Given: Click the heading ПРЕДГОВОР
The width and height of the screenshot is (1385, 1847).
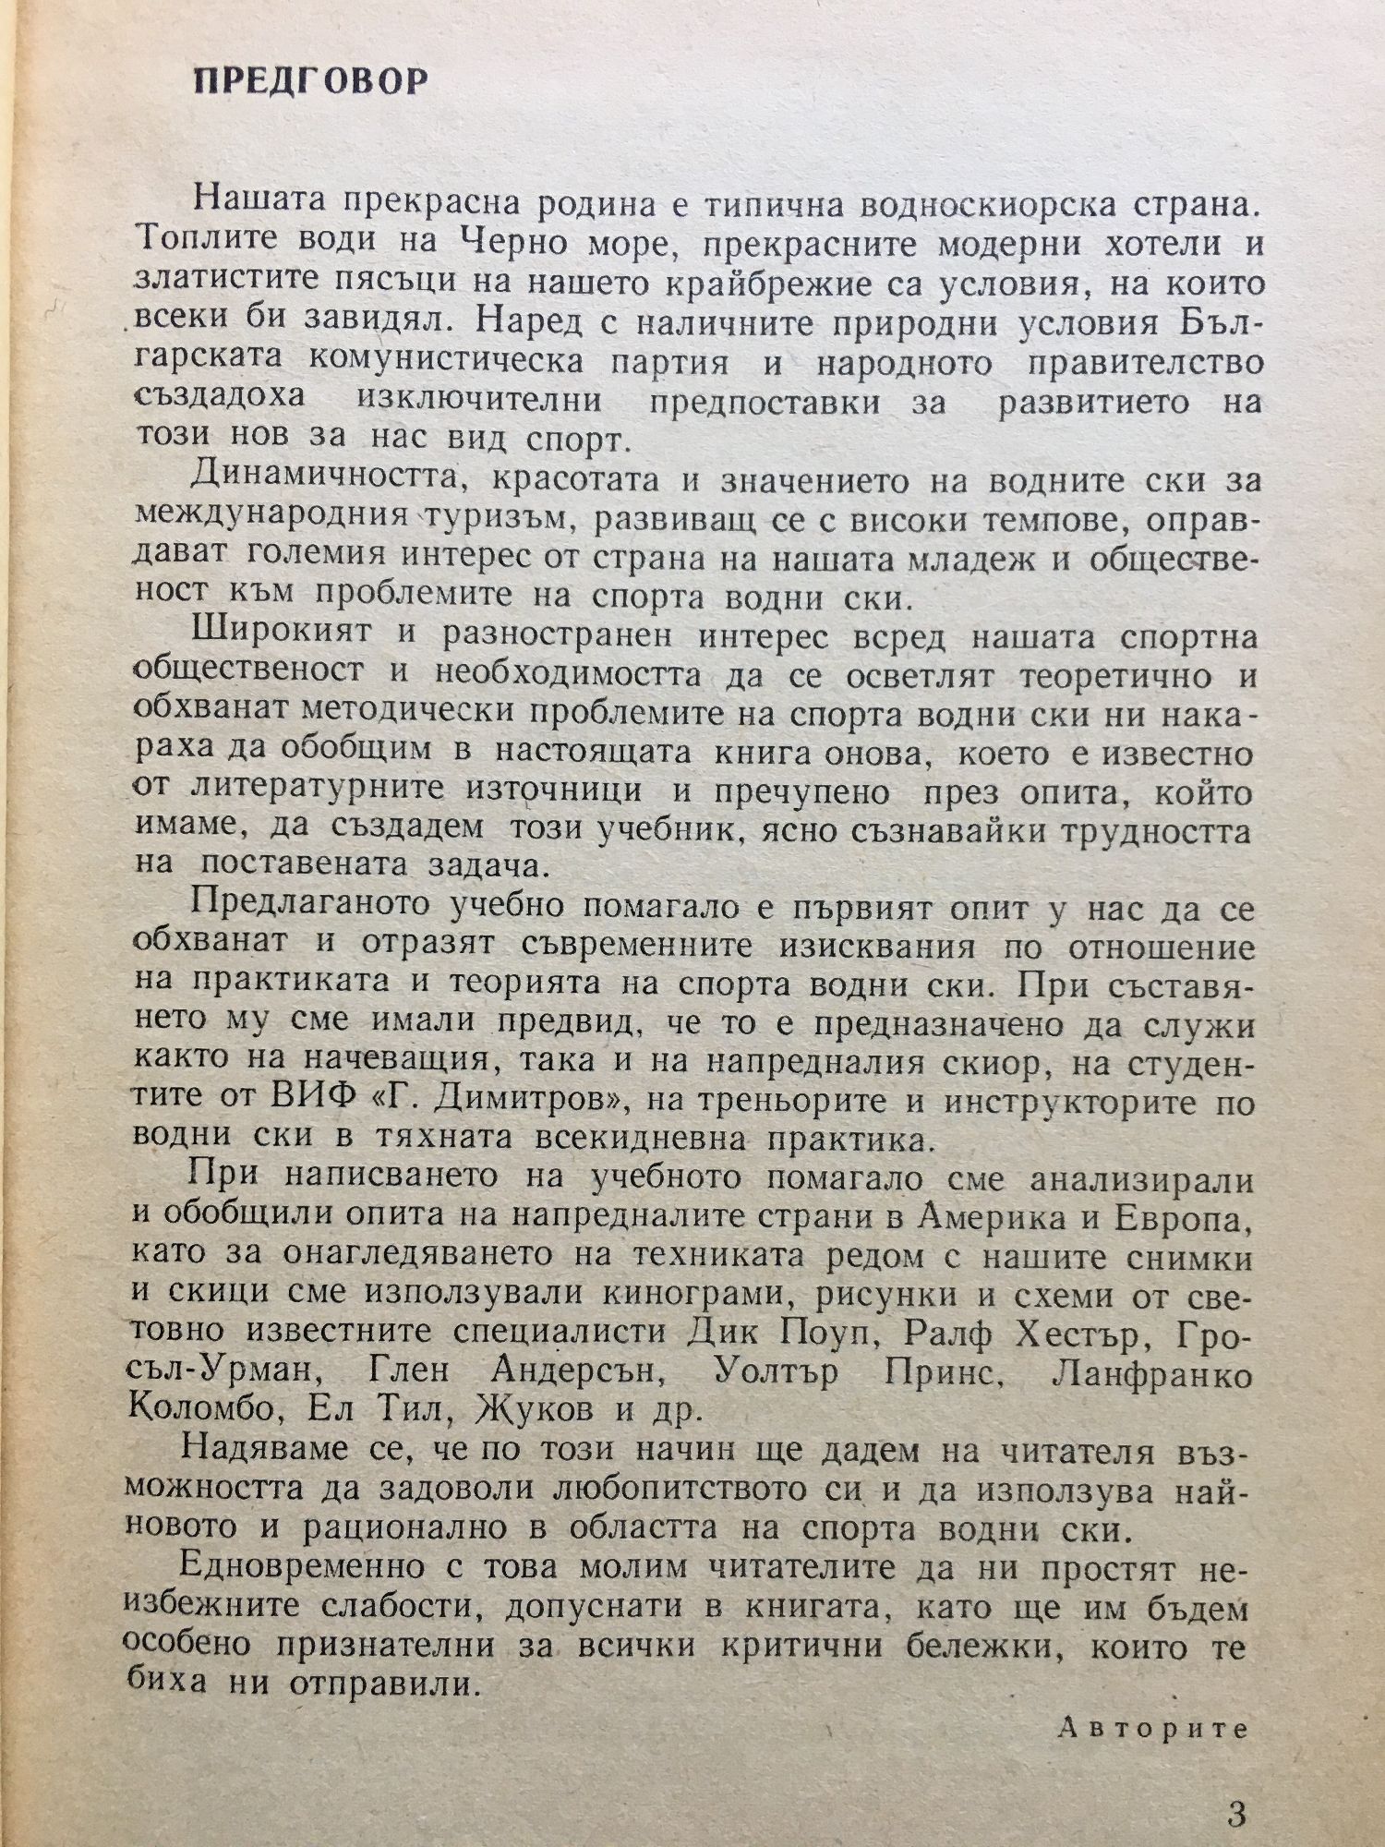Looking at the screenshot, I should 311,82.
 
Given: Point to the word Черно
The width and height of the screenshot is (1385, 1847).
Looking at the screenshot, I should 523,247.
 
